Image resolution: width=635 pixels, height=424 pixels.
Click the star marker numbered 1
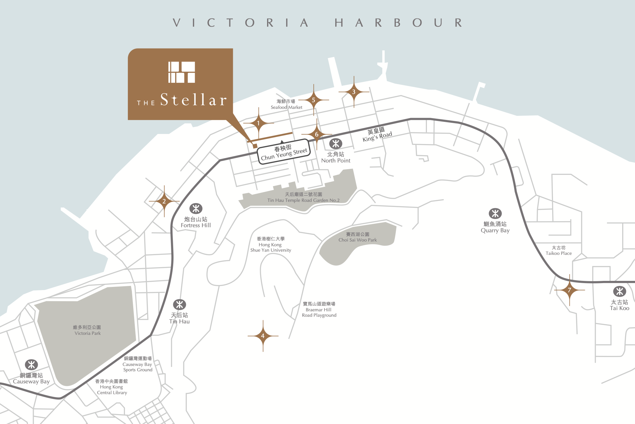pyautogui.click(x=259, y=123)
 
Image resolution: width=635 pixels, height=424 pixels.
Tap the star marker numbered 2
pyautogui.click(x=164, y=201)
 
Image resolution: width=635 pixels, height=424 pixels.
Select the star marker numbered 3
pyautogui.click(x=354, y=92)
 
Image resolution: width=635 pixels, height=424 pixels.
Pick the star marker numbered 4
pyautogui.click(x=263, y=336)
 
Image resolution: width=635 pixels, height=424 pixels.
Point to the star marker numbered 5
pyautogui.click(x=313, y=100)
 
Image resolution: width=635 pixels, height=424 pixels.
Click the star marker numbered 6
pyautogui.click(x=317, y=134)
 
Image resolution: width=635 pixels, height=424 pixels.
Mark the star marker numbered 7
pyautogui.click(x=569, y=290)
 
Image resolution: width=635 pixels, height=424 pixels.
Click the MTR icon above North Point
pyautogui.click(x=336, y=144)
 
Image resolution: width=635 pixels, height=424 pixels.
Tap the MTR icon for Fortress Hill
pyautogui.click(x=196, y=209)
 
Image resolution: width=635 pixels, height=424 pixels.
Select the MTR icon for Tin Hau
pyautogui.click(x=179, y=305)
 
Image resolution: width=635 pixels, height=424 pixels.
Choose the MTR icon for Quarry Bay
pyautogui.click(x=495, y=214)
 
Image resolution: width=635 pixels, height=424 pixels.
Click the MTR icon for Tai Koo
pyautogui.click(x=619, y=291)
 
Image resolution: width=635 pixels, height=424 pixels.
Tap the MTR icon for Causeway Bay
pyautogui.click(x=31, y=365)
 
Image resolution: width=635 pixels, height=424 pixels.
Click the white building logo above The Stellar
pyautogui.click(x=181, y=72)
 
